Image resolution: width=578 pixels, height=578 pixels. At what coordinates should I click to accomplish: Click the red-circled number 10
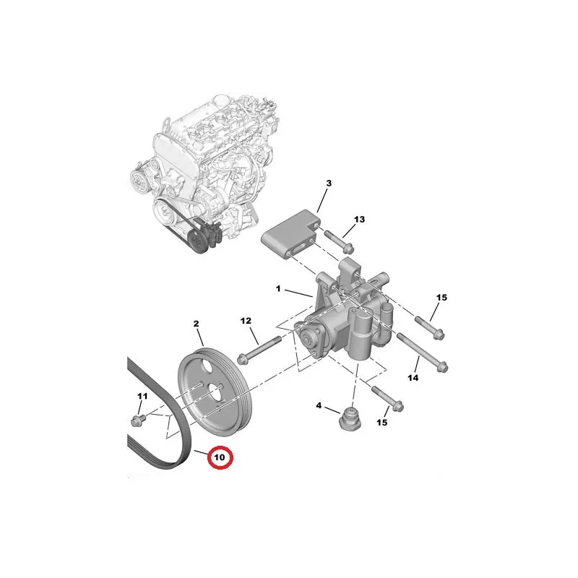click(x=220, y=457)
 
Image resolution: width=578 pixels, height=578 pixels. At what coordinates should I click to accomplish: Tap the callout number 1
click(x=278, y=288)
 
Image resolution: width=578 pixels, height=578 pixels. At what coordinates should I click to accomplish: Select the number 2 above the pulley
click(x=196, y=324)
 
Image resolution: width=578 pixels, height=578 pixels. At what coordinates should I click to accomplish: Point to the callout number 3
click(x=329, y=184)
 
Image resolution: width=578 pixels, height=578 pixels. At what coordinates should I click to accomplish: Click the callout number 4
click(x=319, y=406)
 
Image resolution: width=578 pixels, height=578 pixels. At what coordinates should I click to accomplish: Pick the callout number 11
click(x=142, y=396)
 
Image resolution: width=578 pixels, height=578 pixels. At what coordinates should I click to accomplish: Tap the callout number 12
click(x=246, y=321)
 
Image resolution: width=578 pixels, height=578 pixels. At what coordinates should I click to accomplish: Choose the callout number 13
click(x=359, y=220)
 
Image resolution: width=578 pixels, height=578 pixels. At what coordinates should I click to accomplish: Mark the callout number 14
click(x=413, y=378)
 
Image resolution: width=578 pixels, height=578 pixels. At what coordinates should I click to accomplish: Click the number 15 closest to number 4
click(x=382, y=423)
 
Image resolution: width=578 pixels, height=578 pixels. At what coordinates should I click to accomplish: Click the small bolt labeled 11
click(x=138, y=420)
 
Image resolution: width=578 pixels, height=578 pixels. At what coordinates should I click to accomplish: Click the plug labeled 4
click(x=350, y=419)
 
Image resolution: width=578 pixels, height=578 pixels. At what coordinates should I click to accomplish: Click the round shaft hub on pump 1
click(x=307, y=337)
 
